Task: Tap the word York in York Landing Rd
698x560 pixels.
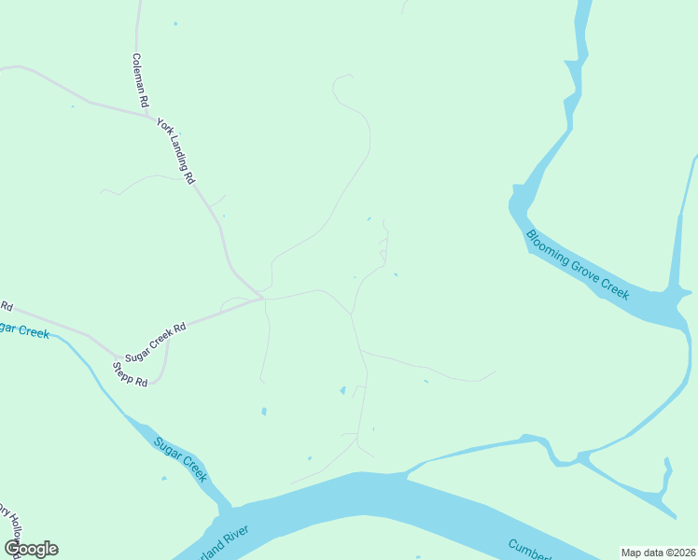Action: point(165,130)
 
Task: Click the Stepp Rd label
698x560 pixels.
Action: point(131,374)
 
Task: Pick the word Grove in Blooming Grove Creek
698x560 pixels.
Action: point(588,277)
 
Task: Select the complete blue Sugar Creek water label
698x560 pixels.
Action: point(180,458)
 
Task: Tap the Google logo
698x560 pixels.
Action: point(31,549)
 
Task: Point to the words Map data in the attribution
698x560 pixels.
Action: point(643,552)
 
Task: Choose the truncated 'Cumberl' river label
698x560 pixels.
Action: point(528,548)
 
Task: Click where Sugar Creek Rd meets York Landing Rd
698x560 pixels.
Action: point(264,299)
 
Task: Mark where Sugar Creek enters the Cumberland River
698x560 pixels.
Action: point(224,511)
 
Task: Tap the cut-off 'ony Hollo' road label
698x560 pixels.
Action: point(9,529)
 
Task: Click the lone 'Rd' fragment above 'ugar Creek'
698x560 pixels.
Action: point(6,306)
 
